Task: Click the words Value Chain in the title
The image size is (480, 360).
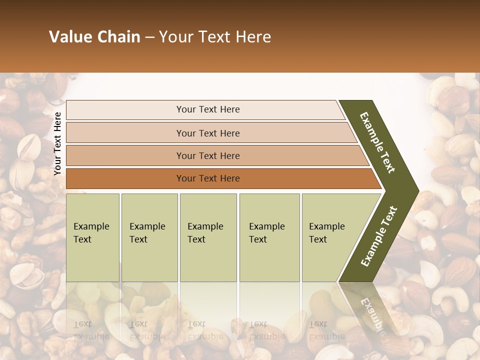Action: tap(94, 37)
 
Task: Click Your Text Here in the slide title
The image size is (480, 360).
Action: tap(215, 37)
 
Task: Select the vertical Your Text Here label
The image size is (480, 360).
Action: tap(57, 143)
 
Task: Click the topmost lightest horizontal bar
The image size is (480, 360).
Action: tap(207, 109)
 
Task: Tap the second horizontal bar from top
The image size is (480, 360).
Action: tap(207, 133)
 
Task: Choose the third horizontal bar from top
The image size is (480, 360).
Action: tap(207, 155)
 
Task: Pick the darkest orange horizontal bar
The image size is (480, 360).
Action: tap(207, 178)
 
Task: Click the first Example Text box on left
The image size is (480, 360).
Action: tap(92, 237)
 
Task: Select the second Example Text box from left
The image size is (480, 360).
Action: tap(149, 237)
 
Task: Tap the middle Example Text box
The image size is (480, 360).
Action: tap(208, 237)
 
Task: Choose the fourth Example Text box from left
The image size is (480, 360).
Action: tap(269, 237)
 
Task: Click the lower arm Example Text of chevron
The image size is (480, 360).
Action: tap(378, 236)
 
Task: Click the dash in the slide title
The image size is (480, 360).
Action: tap(149, 37)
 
